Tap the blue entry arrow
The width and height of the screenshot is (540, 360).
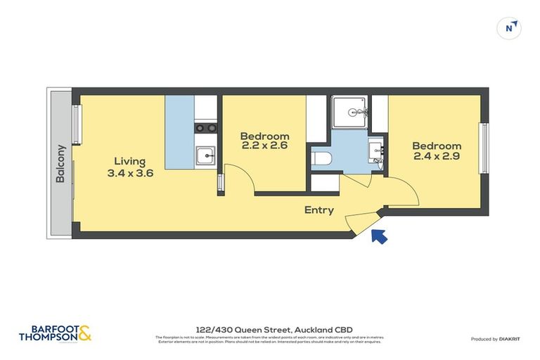point(378,236)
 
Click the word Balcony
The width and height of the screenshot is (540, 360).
point(60,165)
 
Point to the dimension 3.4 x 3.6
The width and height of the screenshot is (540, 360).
point(130,173)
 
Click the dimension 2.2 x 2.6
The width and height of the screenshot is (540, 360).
point(264,147)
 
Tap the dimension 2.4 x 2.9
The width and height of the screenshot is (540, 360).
point(437,157)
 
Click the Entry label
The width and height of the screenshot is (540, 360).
point(319,210)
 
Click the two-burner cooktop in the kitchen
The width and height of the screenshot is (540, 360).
point(205,128)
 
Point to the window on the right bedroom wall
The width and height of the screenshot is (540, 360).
point(484,148)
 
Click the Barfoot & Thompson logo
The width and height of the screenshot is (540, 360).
point(55,332)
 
